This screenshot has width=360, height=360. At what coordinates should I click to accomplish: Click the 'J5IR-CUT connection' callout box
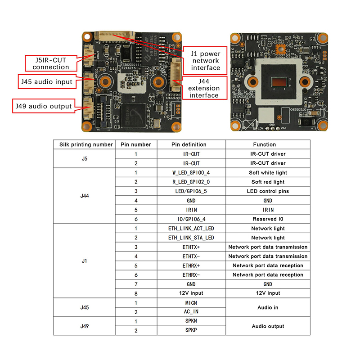click(x=47, y=63)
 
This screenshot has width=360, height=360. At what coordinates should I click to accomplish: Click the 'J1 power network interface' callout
click(x=205, y=61)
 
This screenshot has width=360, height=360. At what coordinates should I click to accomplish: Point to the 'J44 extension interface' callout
click(x=204, y=88)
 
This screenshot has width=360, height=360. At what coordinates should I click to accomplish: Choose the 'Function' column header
click(x=268, y=144)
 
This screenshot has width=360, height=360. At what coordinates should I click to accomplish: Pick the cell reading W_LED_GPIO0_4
click(x=191, y=173)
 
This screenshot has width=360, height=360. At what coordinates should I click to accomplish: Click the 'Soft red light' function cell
click(x=268, y=182)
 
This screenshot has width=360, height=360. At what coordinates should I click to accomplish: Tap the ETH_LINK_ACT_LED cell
click(x=191, y=229)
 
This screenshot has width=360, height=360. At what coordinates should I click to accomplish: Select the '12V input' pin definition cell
click(x=191, y=293)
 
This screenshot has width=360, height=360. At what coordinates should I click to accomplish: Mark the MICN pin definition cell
click(x=191, y=303)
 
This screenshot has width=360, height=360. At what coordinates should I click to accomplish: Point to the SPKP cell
click(x=191, y=330)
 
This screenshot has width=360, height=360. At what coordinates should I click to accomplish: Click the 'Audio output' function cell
click(x=268, y=326)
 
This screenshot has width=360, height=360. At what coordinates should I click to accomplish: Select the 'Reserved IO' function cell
click(x=268, y=219)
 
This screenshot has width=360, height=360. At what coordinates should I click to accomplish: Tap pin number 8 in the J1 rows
click(x=136, y=293)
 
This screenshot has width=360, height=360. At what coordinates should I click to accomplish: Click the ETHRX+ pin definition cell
click(x=191, y=265)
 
